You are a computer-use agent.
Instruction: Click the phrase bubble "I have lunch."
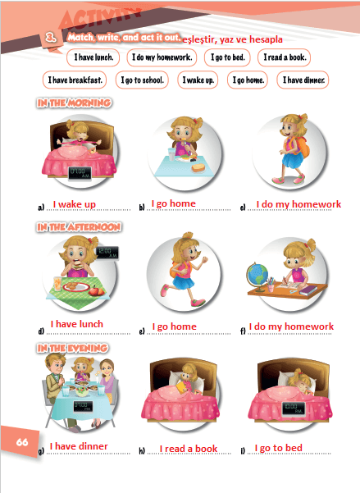click(93, 57)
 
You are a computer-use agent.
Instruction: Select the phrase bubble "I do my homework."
click(162, 57)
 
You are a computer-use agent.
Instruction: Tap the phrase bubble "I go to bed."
click(227, 57)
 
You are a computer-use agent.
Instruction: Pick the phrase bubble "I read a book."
click(285, 57)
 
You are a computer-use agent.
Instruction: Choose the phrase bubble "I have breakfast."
click(75, 80)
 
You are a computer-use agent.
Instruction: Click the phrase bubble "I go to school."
click(142, 80)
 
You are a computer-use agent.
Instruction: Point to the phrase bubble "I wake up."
click(198, 80)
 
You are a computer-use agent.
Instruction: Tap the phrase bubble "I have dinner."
click(303, 80)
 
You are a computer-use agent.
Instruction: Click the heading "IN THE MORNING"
click(74, 103)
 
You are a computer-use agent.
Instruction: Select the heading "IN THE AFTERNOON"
click(79, 227)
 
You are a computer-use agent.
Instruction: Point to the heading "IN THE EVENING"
click(73, 348)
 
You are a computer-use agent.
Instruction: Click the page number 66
click(22, 442)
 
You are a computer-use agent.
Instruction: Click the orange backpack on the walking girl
click(303, 147)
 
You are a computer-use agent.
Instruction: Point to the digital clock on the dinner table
click(83, 406)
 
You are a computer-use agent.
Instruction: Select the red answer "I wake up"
click(74, 204)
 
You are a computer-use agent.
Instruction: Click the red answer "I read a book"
click(189, 449)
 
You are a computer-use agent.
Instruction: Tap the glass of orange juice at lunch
click(57, 284)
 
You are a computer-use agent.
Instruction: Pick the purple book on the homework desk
click(308, 290)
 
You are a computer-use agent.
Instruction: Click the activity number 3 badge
click(51, 38)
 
